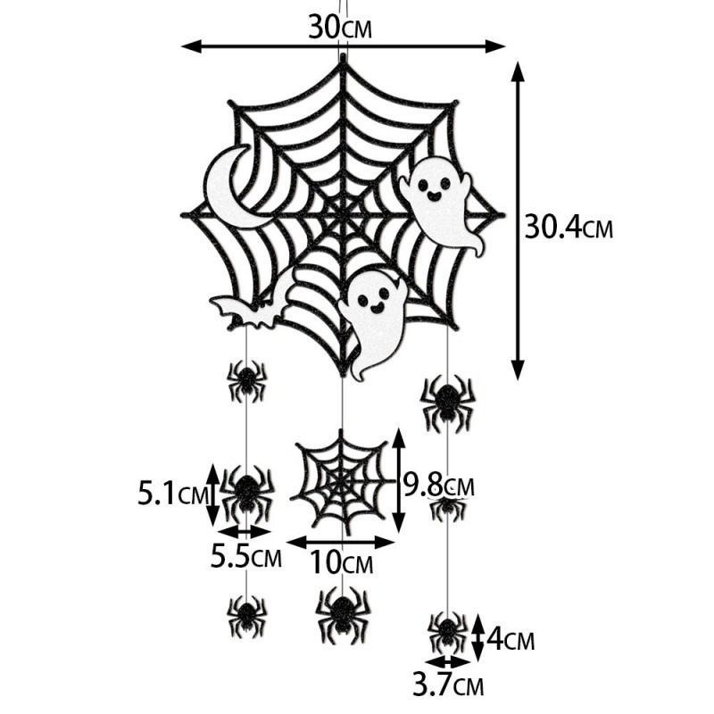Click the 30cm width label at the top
[x=339, y=28]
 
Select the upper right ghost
[x=442, y=202]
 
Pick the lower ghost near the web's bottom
[x=372, y=320]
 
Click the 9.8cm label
[x=437, y=486]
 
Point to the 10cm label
[x=342, y=564]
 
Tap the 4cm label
[x=512, y=640]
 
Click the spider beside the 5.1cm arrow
[x=246, y=490]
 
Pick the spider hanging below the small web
[x=342, y=611]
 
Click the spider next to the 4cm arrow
[x=446, y=630]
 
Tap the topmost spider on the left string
[x=245, y=381]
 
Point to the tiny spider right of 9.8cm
[x=447, y=508]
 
